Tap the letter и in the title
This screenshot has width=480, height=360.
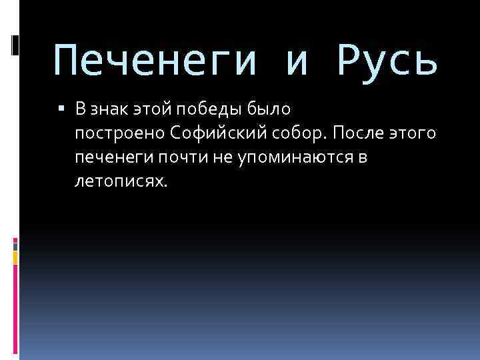coord(298,61)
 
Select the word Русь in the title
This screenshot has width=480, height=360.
coord(388,61)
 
